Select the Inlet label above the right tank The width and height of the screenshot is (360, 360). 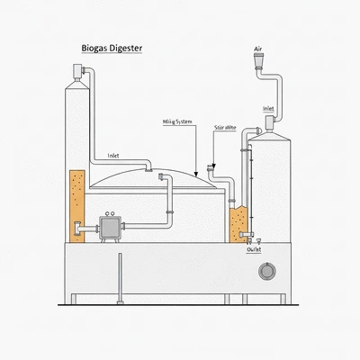point(268,108)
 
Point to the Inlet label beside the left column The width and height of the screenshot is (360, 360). point(113,155)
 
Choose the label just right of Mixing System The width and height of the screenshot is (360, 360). point(226,130)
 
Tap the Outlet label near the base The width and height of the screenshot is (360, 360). point(254,251)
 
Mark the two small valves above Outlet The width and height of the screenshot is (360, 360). point(253,240)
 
